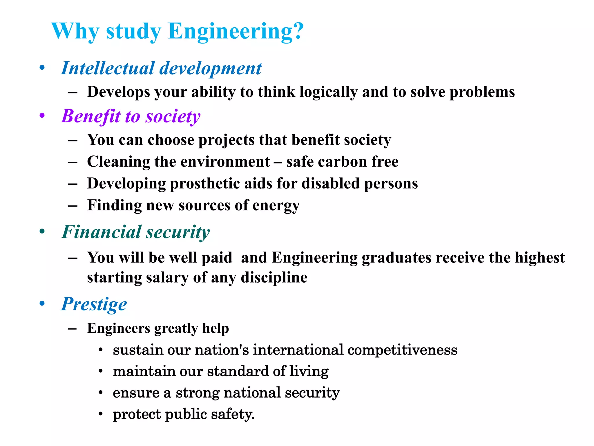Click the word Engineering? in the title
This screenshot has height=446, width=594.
[x=236, y=31]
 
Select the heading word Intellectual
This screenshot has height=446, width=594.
[x=108, y=68]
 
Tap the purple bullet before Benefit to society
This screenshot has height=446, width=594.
[x=42, y=116]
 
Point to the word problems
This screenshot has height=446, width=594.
[x=482, y=92]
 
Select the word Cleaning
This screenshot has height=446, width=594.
[x=118, y=162]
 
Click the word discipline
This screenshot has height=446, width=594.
[x=274, y=278]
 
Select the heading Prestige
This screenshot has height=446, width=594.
[x=94, y=304]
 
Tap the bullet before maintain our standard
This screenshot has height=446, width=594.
[x=101, y=371]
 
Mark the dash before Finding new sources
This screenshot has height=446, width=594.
[x=73, y=206]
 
